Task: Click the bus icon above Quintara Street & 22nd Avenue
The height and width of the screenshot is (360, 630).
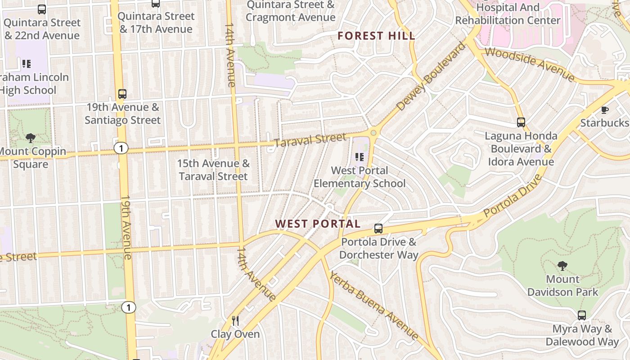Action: tap(42, 9)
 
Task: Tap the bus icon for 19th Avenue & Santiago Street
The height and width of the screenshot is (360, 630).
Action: tap(122, 94)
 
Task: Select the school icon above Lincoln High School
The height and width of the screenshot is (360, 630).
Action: tap(27, 64)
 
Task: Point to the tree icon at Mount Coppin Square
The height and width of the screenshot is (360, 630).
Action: tap(31, 138)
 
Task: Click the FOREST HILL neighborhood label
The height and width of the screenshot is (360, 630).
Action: tap(376, 36)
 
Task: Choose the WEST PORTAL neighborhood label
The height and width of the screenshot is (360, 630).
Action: tap(318, 224)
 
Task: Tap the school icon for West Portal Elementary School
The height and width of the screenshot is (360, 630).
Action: tap(359, 157)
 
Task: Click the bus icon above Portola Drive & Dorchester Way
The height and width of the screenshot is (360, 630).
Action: tap(378, 229)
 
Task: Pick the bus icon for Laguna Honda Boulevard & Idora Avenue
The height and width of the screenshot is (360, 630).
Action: tap(521, 122)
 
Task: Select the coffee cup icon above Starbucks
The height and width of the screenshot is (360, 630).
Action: tap(605, 110)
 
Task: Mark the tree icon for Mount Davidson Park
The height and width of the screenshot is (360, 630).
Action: tap(562, 265)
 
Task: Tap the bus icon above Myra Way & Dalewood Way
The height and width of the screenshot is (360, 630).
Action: tap(582, 315)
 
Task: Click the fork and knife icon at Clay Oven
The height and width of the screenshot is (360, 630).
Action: tap(235, 320)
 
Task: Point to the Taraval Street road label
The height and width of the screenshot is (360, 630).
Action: tap(310, 140)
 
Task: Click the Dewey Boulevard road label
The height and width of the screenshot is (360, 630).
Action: tap(431, 76)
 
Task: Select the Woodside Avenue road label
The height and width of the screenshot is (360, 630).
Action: tap(530, 64)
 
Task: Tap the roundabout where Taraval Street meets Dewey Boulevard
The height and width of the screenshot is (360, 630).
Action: tap(373, 133)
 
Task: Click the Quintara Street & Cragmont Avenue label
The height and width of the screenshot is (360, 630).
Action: tap(291, 11)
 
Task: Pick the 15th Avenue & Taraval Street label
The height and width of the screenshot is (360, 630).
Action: tap(213, 170)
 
